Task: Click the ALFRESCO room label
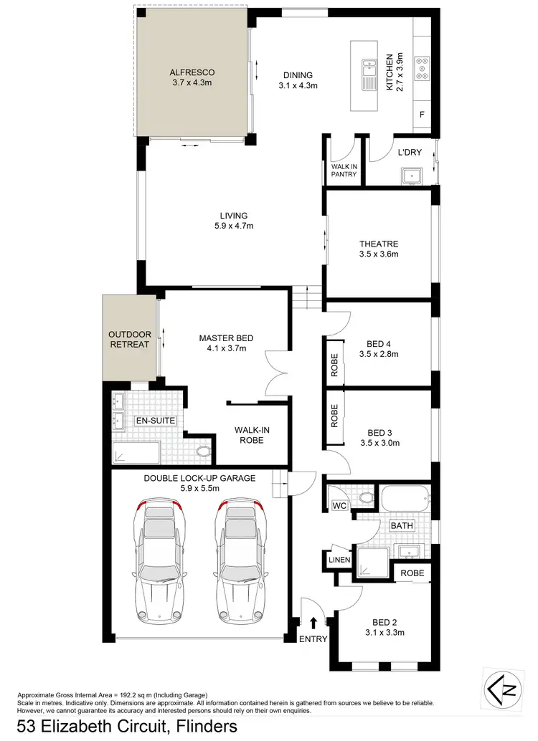tap(192, 72)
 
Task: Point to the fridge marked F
tap(422, 115)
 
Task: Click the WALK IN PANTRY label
tap(344, 170)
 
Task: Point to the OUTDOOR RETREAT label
tap(130, 339)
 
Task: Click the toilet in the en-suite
tap(203, 451)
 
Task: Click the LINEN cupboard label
tap(339, 559)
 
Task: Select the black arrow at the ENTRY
tap(313, 624)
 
